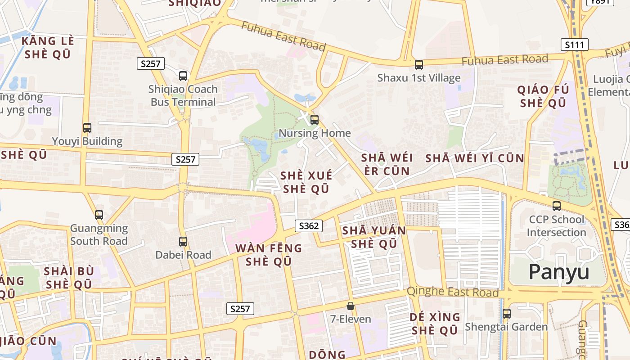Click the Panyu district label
coord(558,272)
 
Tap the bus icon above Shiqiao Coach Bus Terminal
coord(183,76)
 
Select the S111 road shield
coord(574,45)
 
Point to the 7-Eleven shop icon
coord(350,306)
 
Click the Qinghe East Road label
coord(453,292)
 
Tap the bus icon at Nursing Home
coord(315,120)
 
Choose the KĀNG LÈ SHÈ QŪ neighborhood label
coord(47,48)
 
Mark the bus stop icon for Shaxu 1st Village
coord(419,65)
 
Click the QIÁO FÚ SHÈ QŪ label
coord(543,96)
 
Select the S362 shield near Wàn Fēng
coord(309,226)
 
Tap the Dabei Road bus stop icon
coord(183,242)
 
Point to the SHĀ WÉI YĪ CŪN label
coord(474,158)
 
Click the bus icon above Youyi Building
coord(87,128)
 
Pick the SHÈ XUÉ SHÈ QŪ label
coord(306,182)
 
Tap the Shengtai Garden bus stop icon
coord(506,314)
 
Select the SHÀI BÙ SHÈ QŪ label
coord(69,278)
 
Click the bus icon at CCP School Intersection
coord(557,206)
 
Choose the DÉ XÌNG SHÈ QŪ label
coord(435,324)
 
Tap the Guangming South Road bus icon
coord(99,215)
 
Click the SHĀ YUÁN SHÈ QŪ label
coord(374,237)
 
